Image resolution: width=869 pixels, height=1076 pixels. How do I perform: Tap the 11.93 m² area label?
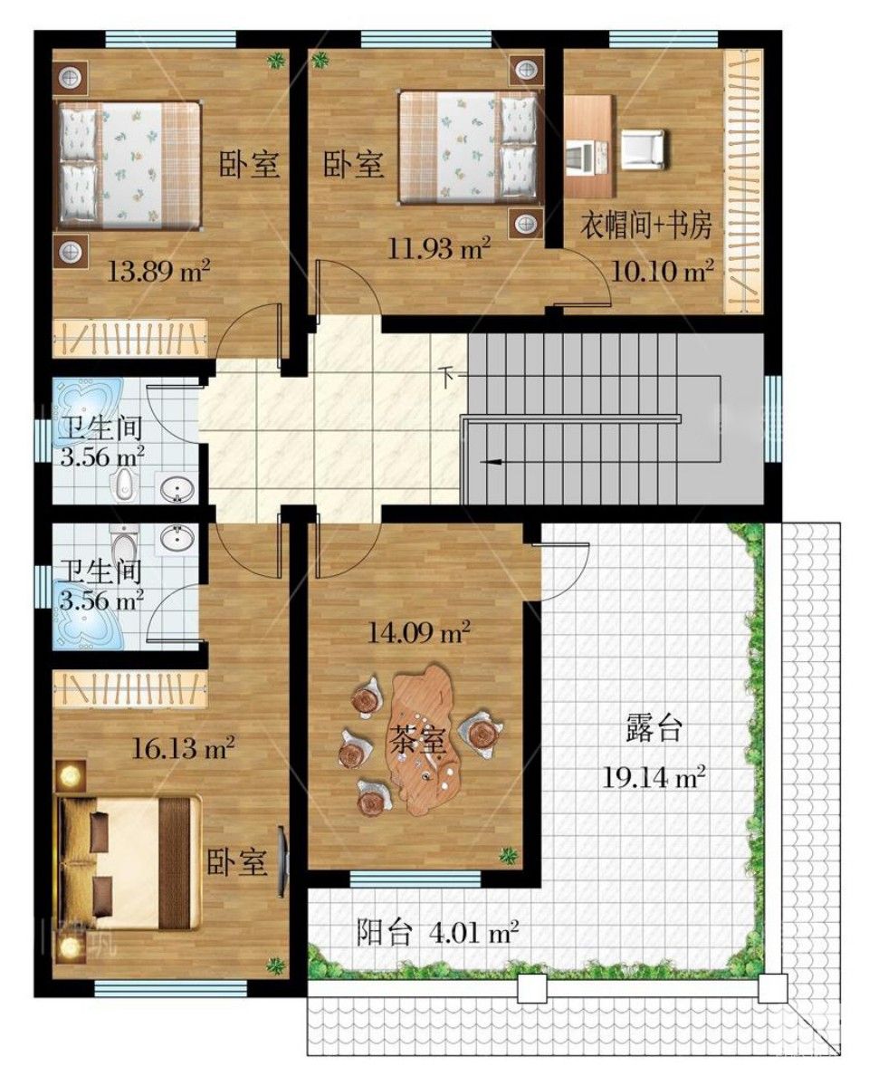coord(439,246)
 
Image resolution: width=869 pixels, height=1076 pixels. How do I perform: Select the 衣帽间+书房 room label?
coord(645,226)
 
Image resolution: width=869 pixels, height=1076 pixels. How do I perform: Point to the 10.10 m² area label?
coord(661,271)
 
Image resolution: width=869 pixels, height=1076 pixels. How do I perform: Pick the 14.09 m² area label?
coord(418,631)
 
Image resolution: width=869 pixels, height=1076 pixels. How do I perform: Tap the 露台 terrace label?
coord(654,729)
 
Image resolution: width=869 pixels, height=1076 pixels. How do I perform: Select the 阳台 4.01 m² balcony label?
coord(437,933)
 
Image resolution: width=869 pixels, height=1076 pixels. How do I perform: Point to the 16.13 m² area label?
coord(183,747)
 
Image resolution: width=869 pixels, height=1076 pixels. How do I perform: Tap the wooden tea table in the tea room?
coord(425,737)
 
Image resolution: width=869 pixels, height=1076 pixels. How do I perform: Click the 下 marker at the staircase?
coord(447,376)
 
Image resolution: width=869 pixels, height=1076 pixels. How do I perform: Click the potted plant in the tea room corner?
coord(508,855)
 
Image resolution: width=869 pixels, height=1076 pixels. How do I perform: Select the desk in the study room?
coord(588,137)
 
